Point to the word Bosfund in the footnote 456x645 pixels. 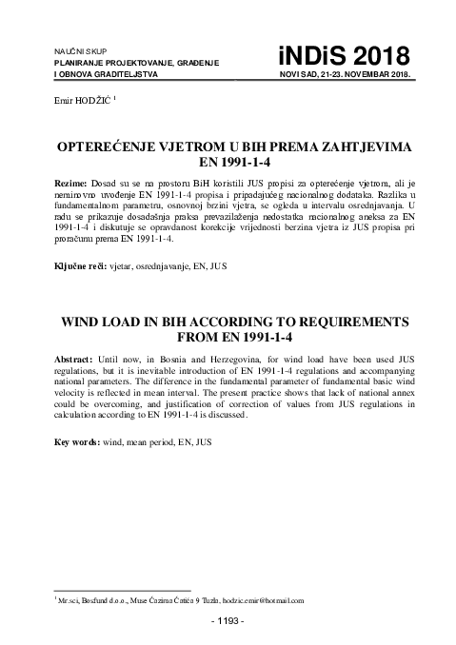coord(97,601)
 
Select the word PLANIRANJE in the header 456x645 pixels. coord(77,62)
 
